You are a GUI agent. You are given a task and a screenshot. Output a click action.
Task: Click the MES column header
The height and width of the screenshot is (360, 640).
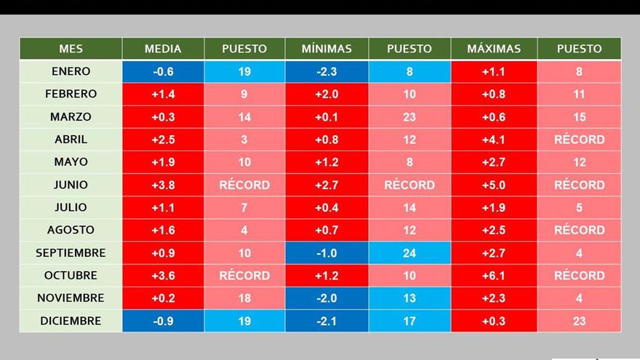coord(71,49)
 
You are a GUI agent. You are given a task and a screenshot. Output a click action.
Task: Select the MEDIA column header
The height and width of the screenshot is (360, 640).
coord(163,49)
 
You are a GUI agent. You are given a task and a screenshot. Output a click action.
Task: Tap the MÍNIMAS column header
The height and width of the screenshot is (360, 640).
coord(327,49)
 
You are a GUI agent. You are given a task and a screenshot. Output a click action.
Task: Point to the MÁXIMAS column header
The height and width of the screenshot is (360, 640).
coord(494,49)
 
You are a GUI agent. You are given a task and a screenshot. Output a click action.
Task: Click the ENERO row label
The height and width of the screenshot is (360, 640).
coord(71,71)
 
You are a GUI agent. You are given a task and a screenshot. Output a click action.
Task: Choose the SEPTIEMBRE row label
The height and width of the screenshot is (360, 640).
coord(71,253)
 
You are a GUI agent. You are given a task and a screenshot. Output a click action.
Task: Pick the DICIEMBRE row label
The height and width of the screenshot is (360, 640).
coord(71,321)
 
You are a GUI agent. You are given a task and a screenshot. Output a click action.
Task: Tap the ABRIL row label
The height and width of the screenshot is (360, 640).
coord(71,139)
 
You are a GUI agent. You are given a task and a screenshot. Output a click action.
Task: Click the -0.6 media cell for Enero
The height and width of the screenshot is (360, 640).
coord(163,71)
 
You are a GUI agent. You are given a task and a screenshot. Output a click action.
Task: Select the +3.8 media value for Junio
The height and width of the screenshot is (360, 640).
coord(163,185)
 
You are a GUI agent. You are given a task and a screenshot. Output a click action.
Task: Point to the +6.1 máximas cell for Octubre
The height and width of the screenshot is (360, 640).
coord(494,276)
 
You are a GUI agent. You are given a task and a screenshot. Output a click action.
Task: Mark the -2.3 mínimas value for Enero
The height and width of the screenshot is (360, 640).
coord(327,71)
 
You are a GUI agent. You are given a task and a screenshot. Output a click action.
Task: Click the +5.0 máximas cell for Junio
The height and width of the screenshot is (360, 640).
coord(494,185)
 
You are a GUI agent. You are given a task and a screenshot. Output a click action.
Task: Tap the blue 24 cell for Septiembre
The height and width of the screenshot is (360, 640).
coord(409,253)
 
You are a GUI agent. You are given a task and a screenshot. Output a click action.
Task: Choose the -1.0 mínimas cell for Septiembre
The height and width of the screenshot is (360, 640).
coord(327,253)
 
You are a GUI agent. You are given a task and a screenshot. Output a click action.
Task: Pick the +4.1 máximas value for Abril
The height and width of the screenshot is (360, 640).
coord(494,139)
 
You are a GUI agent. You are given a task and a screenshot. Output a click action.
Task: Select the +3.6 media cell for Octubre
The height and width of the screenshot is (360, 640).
coord(163,276)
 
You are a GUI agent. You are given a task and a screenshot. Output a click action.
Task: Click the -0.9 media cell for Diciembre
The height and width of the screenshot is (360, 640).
coord(163,321)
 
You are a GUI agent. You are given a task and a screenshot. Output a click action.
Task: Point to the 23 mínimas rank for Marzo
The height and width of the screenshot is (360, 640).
coord(409,116)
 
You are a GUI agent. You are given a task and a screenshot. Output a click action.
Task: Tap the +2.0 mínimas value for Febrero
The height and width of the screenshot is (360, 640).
coord(327,94)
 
